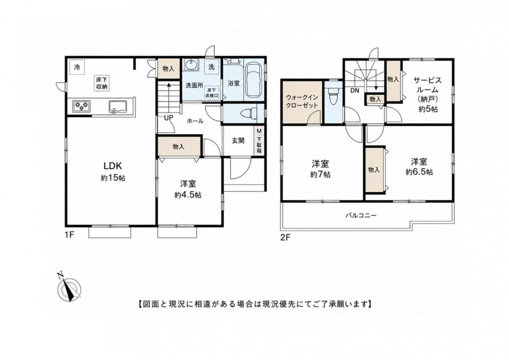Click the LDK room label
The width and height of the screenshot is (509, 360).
pos(112,166)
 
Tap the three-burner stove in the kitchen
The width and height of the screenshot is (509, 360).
pos(81,106)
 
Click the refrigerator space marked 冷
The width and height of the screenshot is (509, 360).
pos(77,67)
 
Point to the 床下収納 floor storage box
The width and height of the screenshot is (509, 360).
pos(102,83)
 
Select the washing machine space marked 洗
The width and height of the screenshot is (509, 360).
pos(211,67)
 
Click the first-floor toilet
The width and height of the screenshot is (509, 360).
pos(248,113)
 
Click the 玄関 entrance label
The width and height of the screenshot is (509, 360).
pos(238,141)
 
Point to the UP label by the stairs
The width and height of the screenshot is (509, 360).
pos(168,118)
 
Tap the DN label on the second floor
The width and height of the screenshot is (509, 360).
pos(355,91)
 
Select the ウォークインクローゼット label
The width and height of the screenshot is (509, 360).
pos(301,102)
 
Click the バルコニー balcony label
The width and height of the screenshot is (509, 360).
pos(361,215)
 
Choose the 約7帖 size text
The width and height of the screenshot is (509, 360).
pos(320,175)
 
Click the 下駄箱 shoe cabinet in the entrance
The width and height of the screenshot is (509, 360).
pos(259,141)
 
